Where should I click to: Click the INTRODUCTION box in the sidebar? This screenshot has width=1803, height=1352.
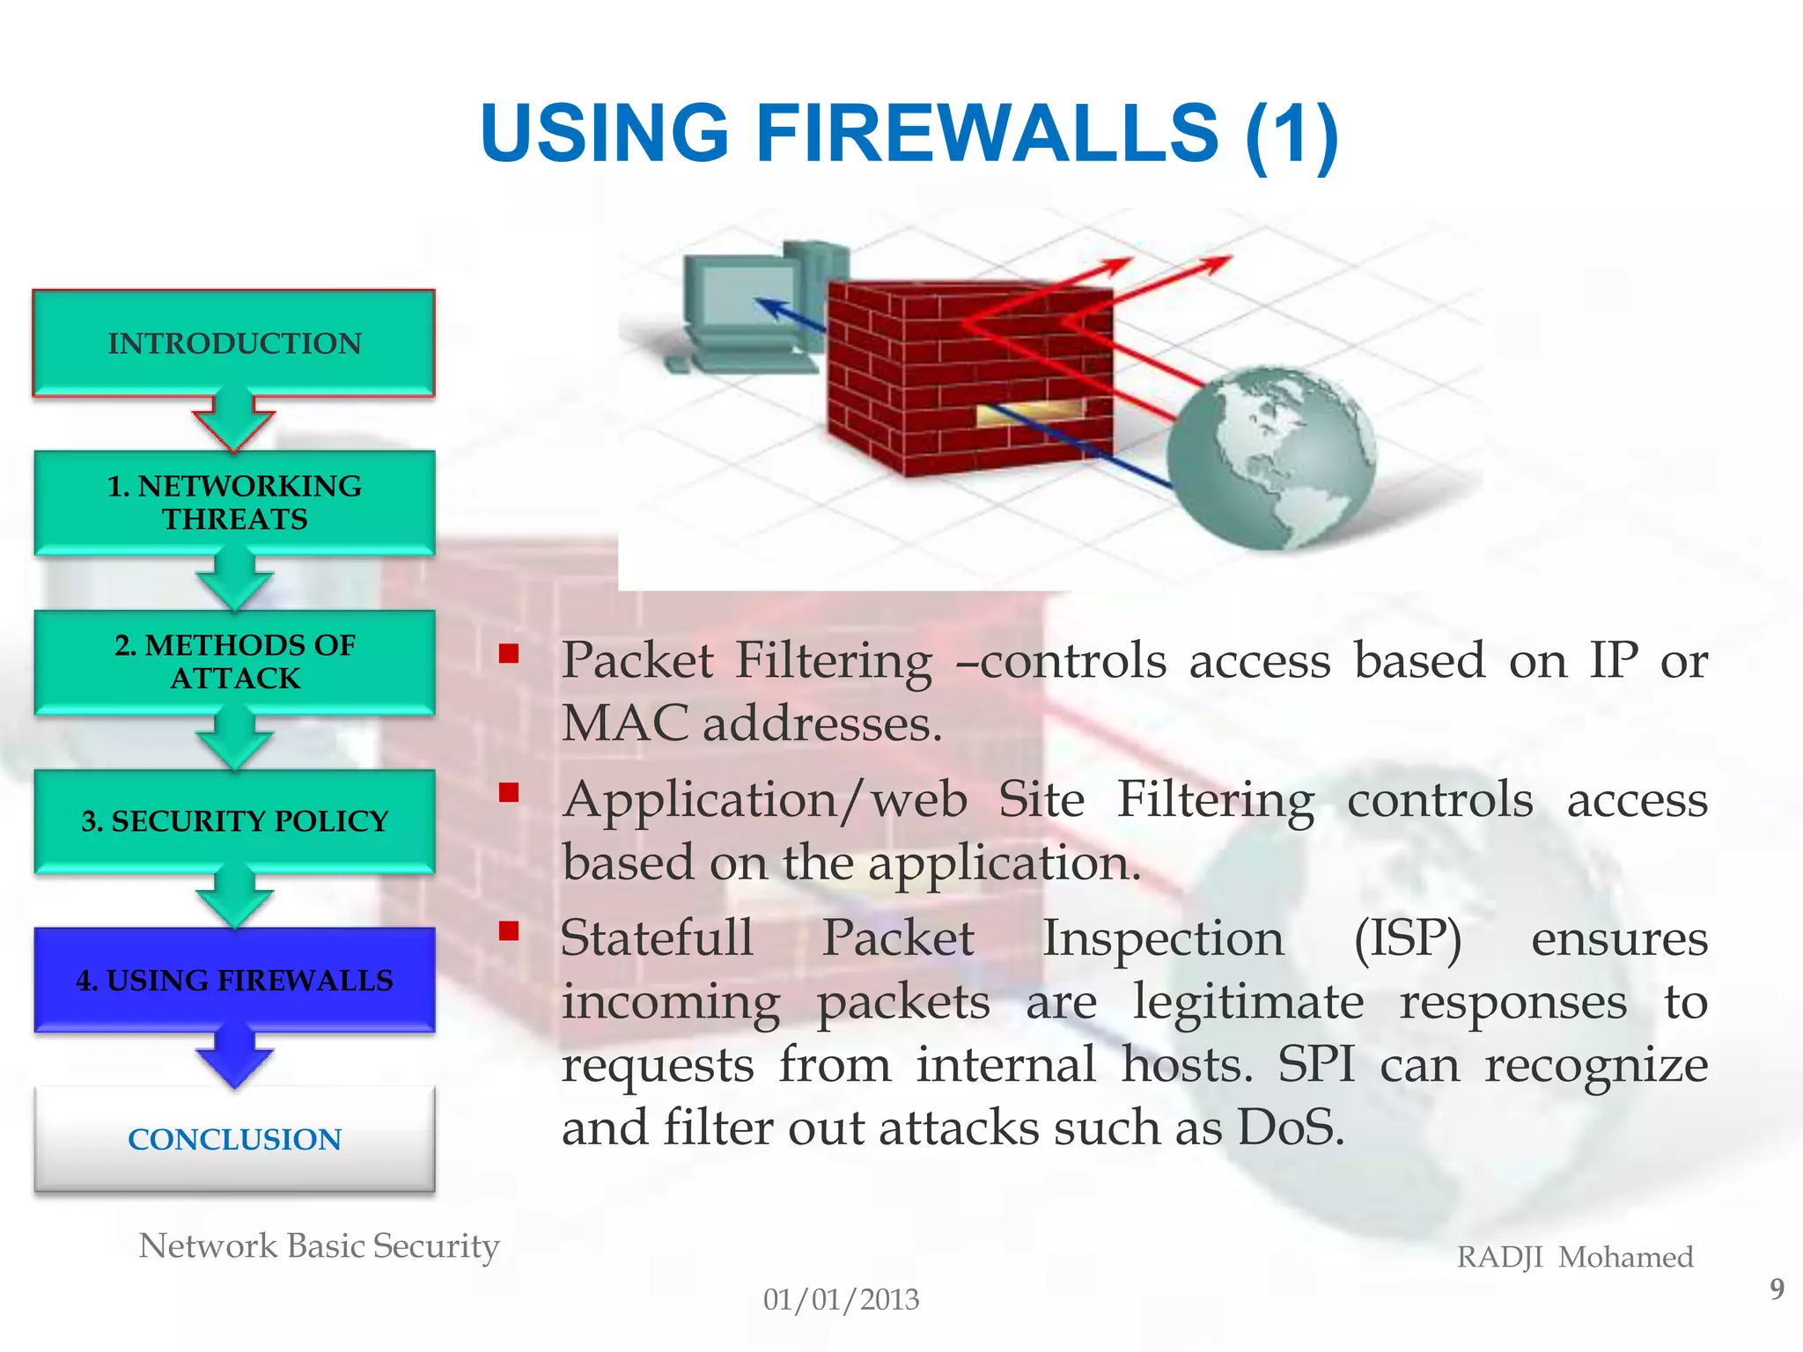point(234,343)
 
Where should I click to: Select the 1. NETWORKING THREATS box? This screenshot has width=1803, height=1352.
point(234,503)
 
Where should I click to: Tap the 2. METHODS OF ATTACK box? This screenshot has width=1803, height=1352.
point(234,662)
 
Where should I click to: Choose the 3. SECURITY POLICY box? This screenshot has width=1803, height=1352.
point(234,820)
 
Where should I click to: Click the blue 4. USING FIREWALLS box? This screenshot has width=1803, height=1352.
point(234,980)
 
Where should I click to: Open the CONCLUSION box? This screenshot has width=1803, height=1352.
point(234,1139)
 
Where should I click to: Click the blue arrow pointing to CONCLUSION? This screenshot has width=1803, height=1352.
point(234,1061)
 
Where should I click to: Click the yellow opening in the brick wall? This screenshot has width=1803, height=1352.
point(1030,412)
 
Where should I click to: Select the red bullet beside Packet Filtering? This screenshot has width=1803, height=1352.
point(508,653)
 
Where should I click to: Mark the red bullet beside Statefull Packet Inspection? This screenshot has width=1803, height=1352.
point(508,930)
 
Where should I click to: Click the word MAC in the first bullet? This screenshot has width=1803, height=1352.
point(624,724)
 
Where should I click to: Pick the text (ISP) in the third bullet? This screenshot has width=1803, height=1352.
point(1407,938)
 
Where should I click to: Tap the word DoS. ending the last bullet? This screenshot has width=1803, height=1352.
point(1291,1128)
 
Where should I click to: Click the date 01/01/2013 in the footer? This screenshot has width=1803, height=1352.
point(841,1299)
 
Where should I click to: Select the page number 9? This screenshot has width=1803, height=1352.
point(1777,1289)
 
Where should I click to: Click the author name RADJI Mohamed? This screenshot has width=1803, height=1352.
point(1574,1257)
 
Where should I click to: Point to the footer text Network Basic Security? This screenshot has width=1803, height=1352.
point(319,1246)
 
